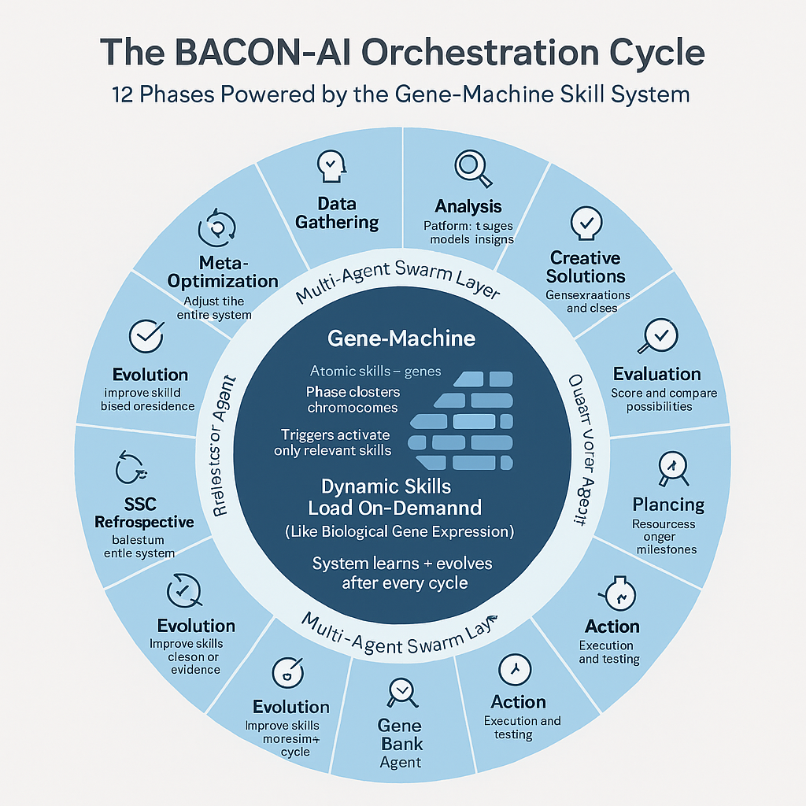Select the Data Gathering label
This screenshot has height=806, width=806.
point(337,213)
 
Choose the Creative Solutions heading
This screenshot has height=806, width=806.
point(586,267)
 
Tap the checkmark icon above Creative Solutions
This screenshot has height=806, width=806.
point(586,223)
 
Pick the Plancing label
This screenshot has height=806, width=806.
point(668,504)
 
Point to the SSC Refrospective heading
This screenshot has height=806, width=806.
point(144,513)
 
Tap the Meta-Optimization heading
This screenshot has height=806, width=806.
point(223,272)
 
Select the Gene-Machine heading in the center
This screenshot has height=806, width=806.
point(401,338)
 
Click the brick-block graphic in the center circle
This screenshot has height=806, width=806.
point(461,421)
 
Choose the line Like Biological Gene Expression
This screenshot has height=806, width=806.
point(399,532)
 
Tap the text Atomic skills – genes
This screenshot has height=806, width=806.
point(375,371)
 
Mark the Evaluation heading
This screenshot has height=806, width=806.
point(656,373)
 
